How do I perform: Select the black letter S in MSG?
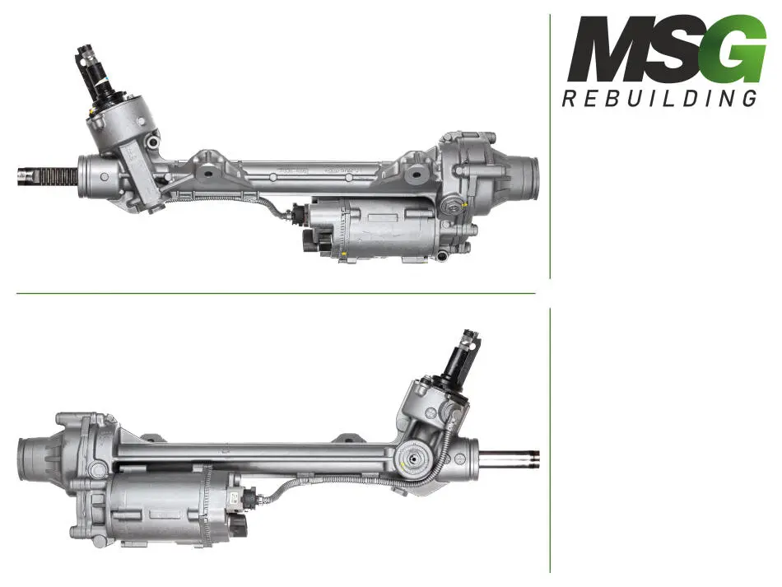[682, 49]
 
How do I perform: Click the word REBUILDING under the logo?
[660, 98]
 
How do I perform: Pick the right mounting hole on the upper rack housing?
[415, 175]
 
